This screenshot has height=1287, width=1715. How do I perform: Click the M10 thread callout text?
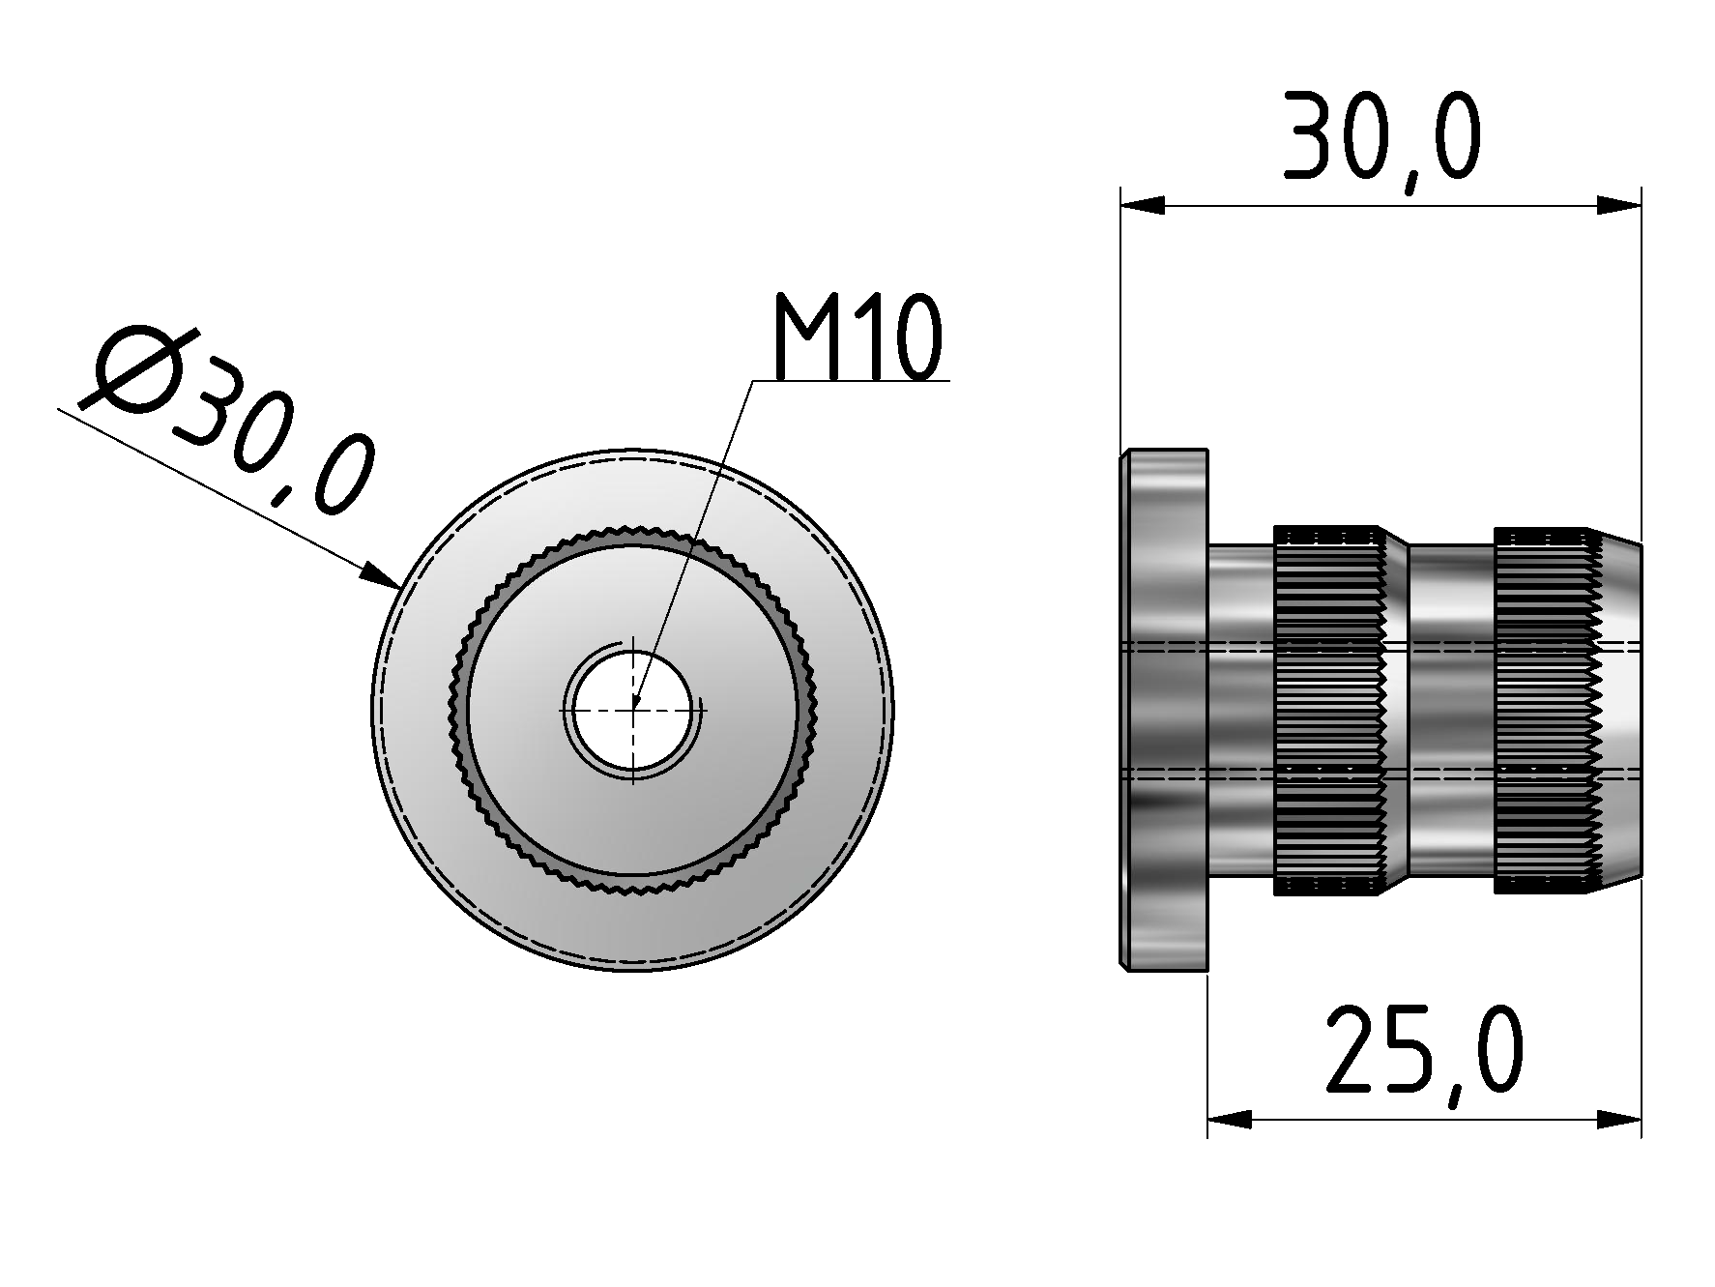857,338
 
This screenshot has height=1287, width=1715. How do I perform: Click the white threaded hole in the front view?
633,710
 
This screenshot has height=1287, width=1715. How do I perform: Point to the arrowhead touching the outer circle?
383,576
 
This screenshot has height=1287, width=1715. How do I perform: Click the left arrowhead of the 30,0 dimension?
1141,205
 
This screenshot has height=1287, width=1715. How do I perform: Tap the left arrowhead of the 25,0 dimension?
1229,1120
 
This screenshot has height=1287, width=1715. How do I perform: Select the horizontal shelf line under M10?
851,382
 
